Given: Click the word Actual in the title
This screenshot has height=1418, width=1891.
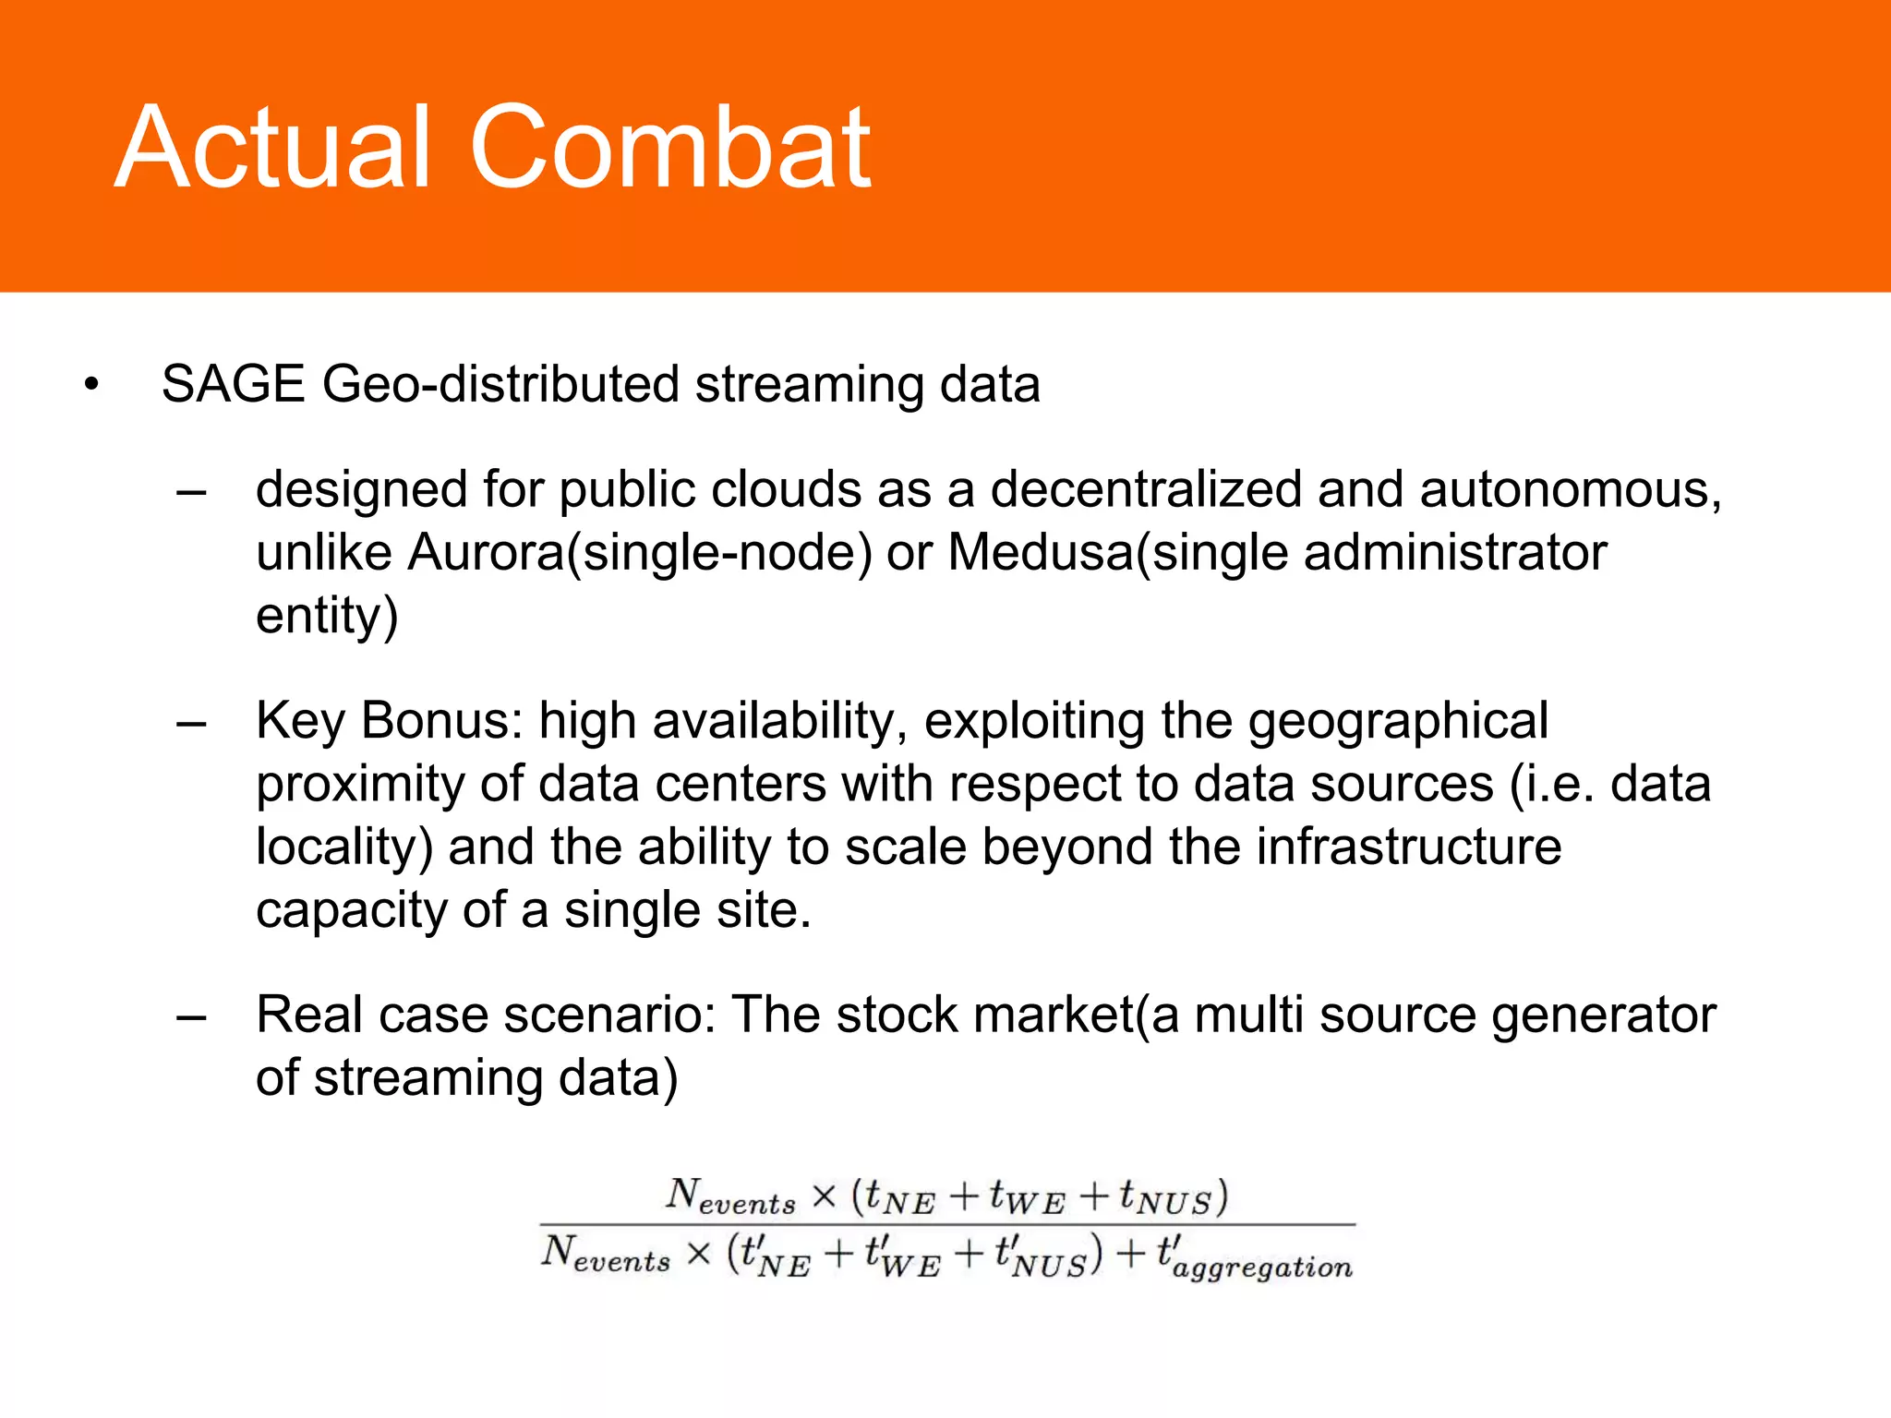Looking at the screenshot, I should [x=273, y=148].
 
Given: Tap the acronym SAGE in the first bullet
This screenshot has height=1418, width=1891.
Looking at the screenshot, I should [x=233, y=384].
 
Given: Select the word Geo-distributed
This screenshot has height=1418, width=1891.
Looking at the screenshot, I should [x=500, y=386].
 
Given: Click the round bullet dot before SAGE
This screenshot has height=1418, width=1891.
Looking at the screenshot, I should [x=90, y=385].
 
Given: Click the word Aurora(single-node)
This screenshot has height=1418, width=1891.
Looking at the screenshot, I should [x=640, y=553].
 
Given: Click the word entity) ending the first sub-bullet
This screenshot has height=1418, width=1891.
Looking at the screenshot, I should [x=327, y=617].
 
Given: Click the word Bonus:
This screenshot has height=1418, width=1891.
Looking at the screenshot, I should [x=442, y=721].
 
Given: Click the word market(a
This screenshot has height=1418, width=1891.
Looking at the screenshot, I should [x=1075, y=1015].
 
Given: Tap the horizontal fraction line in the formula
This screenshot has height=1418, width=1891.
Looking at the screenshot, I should [x=947, y=1225].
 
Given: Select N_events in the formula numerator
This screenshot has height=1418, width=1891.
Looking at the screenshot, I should [x=730, y=1196].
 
